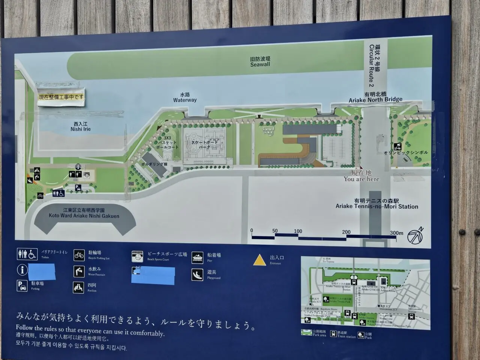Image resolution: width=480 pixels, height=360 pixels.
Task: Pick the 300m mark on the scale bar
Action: click(x=396, y=233)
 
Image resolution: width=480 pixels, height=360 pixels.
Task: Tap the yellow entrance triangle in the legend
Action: click(x=259, y=260)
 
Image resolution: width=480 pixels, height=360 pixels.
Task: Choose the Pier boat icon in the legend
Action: click(x=198, y=258)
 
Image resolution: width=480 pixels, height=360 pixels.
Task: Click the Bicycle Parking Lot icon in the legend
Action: click(x=79, y=255)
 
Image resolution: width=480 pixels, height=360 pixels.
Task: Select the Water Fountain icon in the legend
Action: click(x=79, y=271)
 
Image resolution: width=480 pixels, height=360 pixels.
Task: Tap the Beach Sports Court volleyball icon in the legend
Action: click(x=138, y=256)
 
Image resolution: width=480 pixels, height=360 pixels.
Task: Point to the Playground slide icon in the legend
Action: click(x=198, y=274)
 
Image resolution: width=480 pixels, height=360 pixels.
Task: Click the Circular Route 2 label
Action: click(x=374, y=64)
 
